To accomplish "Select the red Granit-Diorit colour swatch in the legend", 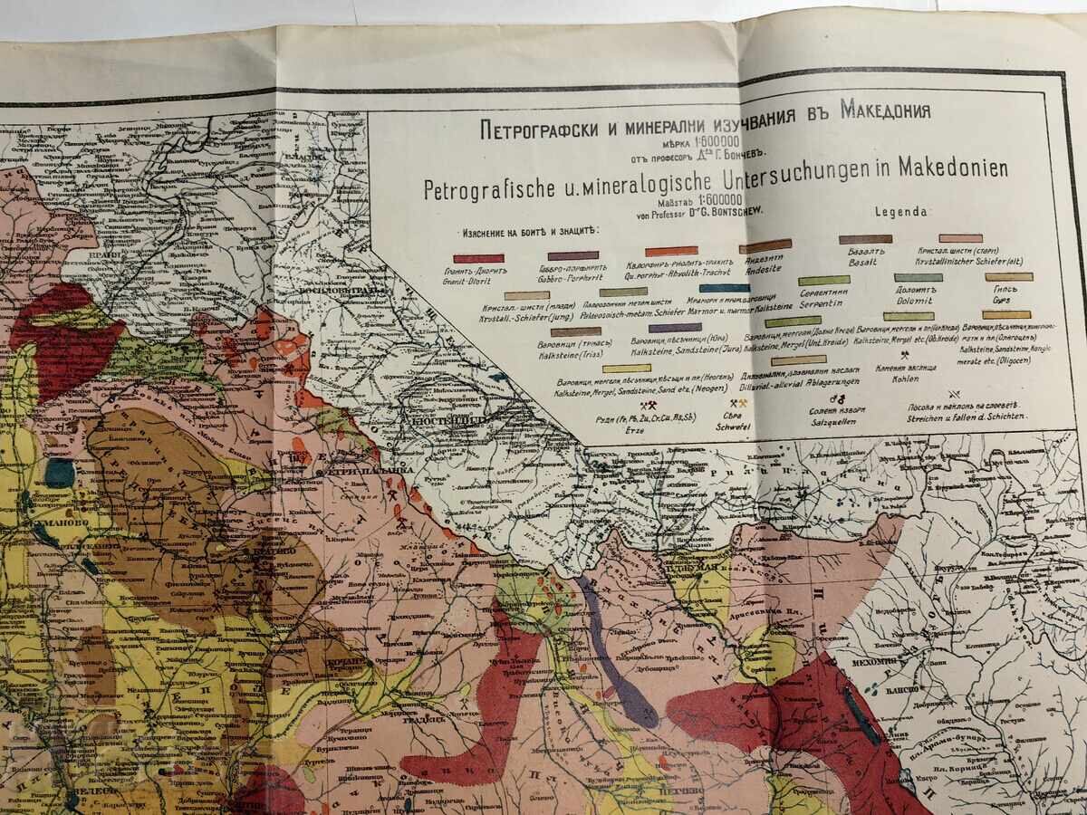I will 478,258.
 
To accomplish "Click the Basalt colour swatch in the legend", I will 865,240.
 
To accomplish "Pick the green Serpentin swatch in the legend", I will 823,281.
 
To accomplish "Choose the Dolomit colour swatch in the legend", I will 918,278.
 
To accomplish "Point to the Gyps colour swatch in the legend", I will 1008,277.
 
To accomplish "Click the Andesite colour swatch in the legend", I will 765,244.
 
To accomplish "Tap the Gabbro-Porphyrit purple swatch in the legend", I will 572,256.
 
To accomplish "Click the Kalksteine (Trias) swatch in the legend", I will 575,332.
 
